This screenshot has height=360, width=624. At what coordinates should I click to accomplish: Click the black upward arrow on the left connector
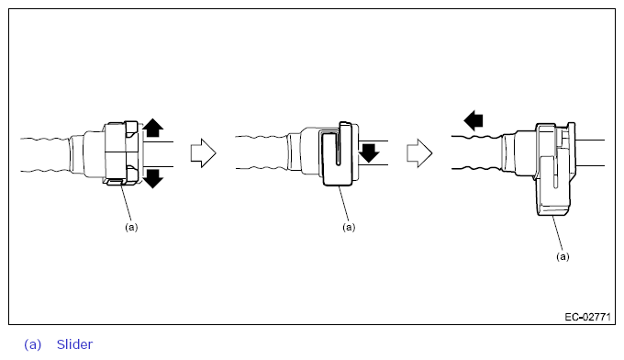153,128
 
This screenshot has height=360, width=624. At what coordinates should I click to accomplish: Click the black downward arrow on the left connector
153,178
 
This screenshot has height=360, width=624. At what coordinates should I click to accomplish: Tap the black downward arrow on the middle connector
369,153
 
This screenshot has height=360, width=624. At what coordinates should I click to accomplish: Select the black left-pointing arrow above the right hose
474,120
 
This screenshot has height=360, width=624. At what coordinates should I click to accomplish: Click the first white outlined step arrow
204,153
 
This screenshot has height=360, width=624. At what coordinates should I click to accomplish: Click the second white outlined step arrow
419,153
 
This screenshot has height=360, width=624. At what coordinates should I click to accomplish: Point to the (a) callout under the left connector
131,227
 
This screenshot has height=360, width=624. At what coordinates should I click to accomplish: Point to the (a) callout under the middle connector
349,227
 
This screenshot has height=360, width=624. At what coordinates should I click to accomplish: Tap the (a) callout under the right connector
563,256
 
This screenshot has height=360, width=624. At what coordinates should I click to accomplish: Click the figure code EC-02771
587,317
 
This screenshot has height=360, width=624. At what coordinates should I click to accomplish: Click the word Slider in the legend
74,344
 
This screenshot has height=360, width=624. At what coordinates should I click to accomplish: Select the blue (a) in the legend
33,344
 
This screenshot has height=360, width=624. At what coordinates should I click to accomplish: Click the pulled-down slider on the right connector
554,187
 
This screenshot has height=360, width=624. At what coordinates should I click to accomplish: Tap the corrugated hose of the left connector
45,155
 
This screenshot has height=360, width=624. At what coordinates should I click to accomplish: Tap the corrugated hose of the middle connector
261,152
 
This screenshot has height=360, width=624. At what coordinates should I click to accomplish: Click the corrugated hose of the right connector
476,152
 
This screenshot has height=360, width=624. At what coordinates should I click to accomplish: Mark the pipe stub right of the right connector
590,152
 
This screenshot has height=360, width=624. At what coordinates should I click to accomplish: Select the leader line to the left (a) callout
126,203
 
